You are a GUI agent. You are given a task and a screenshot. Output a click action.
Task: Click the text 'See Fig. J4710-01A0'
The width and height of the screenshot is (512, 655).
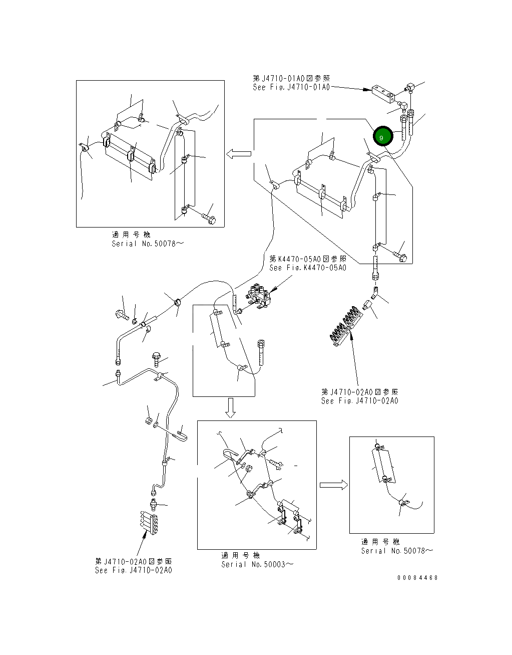[291, 87]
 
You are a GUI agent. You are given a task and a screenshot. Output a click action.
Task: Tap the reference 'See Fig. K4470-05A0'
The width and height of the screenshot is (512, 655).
[307, 268]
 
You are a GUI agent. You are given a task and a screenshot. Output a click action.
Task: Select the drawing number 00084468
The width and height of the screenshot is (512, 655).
[417, 577]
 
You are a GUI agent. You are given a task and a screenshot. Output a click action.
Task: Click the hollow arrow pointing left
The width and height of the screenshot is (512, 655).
[238, 154]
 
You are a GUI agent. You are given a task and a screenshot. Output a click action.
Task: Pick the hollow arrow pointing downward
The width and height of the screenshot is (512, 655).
[230, 408]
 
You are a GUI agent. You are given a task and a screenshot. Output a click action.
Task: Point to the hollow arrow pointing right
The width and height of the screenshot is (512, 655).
[333, 485]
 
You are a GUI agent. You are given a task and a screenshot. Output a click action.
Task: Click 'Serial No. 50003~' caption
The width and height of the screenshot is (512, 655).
[257, 564]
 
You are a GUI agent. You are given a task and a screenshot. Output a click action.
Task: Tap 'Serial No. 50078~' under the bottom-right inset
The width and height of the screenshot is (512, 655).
[397, 551]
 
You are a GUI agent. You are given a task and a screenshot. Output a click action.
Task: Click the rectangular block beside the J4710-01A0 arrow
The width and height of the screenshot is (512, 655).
[384, 93]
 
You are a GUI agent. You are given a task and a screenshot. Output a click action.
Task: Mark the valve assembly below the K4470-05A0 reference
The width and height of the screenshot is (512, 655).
[261, 298]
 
